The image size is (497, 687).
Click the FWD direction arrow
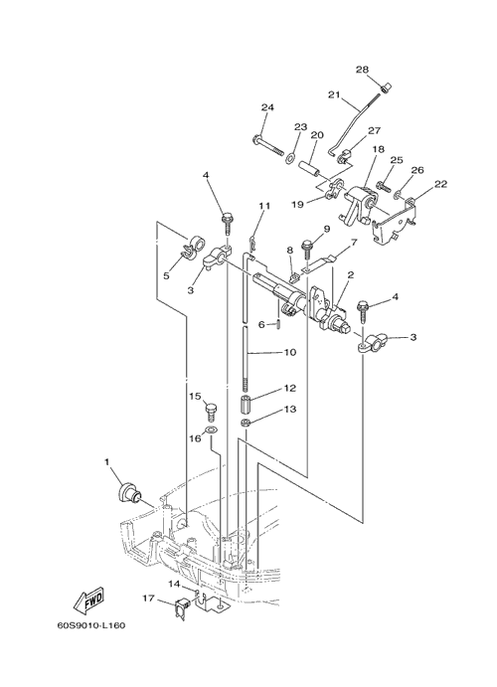click(89, 601)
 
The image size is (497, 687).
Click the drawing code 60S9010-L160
click(91, 625)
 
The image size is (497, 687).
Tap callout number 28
click(362, 70)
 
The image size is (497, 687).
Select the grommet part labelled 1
click(127, 492)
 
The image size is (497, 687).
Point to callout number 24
click(267, 107)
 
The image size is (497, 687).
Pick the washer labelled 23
click(290, 157)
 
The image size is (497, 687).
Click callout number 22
click(440, 184)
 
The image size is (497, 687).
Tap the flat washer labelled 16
click(211, 429)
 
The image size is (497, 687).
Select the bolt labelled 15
click(211, 412)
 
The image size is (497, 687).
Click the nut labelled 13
click(247, 423)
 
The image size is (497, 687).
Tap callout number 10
click(290, 352)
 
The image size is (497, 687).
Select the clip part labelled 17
click(182, 606)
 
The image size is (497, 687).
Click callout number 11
click(264, 206)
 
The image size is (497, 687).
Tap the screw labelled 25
click(383, 186)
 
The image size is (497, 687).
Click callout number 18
click(378, 149)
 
